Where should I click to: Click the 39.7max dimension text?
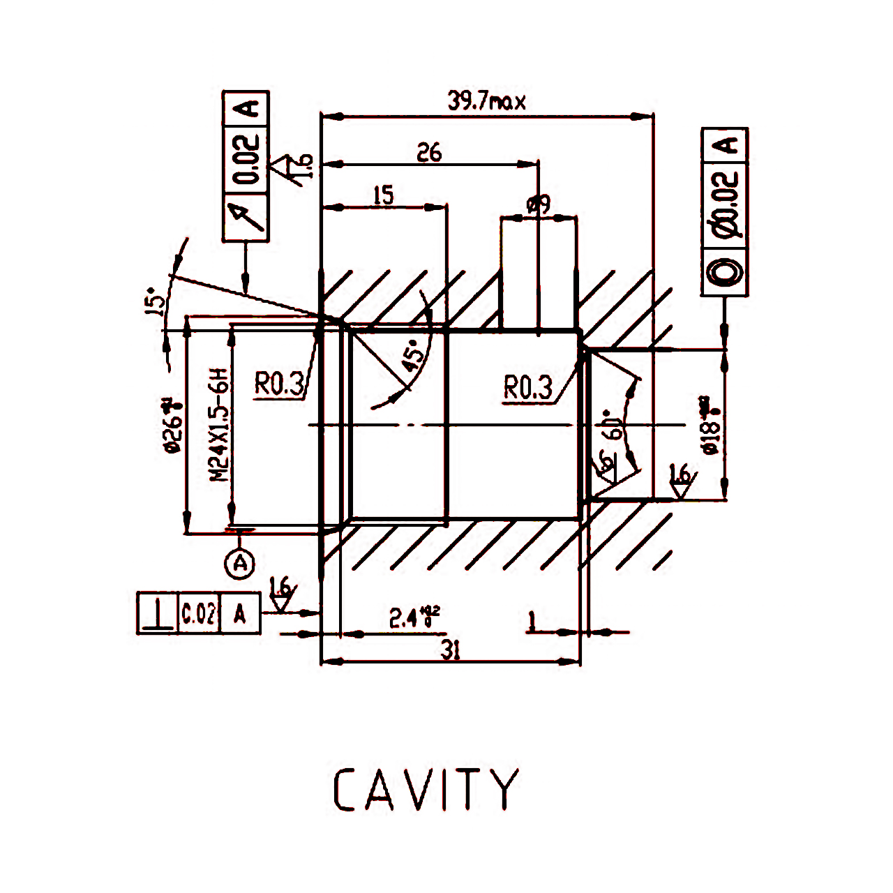coord(486,102)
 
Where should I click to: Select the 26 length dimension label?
coord(429,152)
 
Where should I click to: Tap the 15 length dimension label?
coord(383,195)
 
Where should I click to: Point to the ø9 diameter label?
coord(539,205)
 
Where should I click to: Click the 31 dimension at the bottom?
coord(451,650)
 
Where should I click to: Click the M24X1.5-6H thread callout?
coord(220,425)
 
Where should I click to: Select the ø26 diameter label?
coord(172,425)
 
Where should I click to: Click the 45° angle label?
coord(412,355)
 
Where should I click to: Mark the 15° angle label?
coord(156,301)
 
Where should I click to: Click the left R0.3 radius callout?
coord(278,383)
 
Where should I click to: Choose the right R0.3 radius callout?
coord(527,387)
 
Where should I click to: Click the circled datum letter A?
coord(240,562)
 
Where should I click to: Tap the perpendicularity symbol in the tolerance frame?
coord(158,613)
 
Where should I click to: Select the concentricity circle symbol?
coord(724,271)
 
